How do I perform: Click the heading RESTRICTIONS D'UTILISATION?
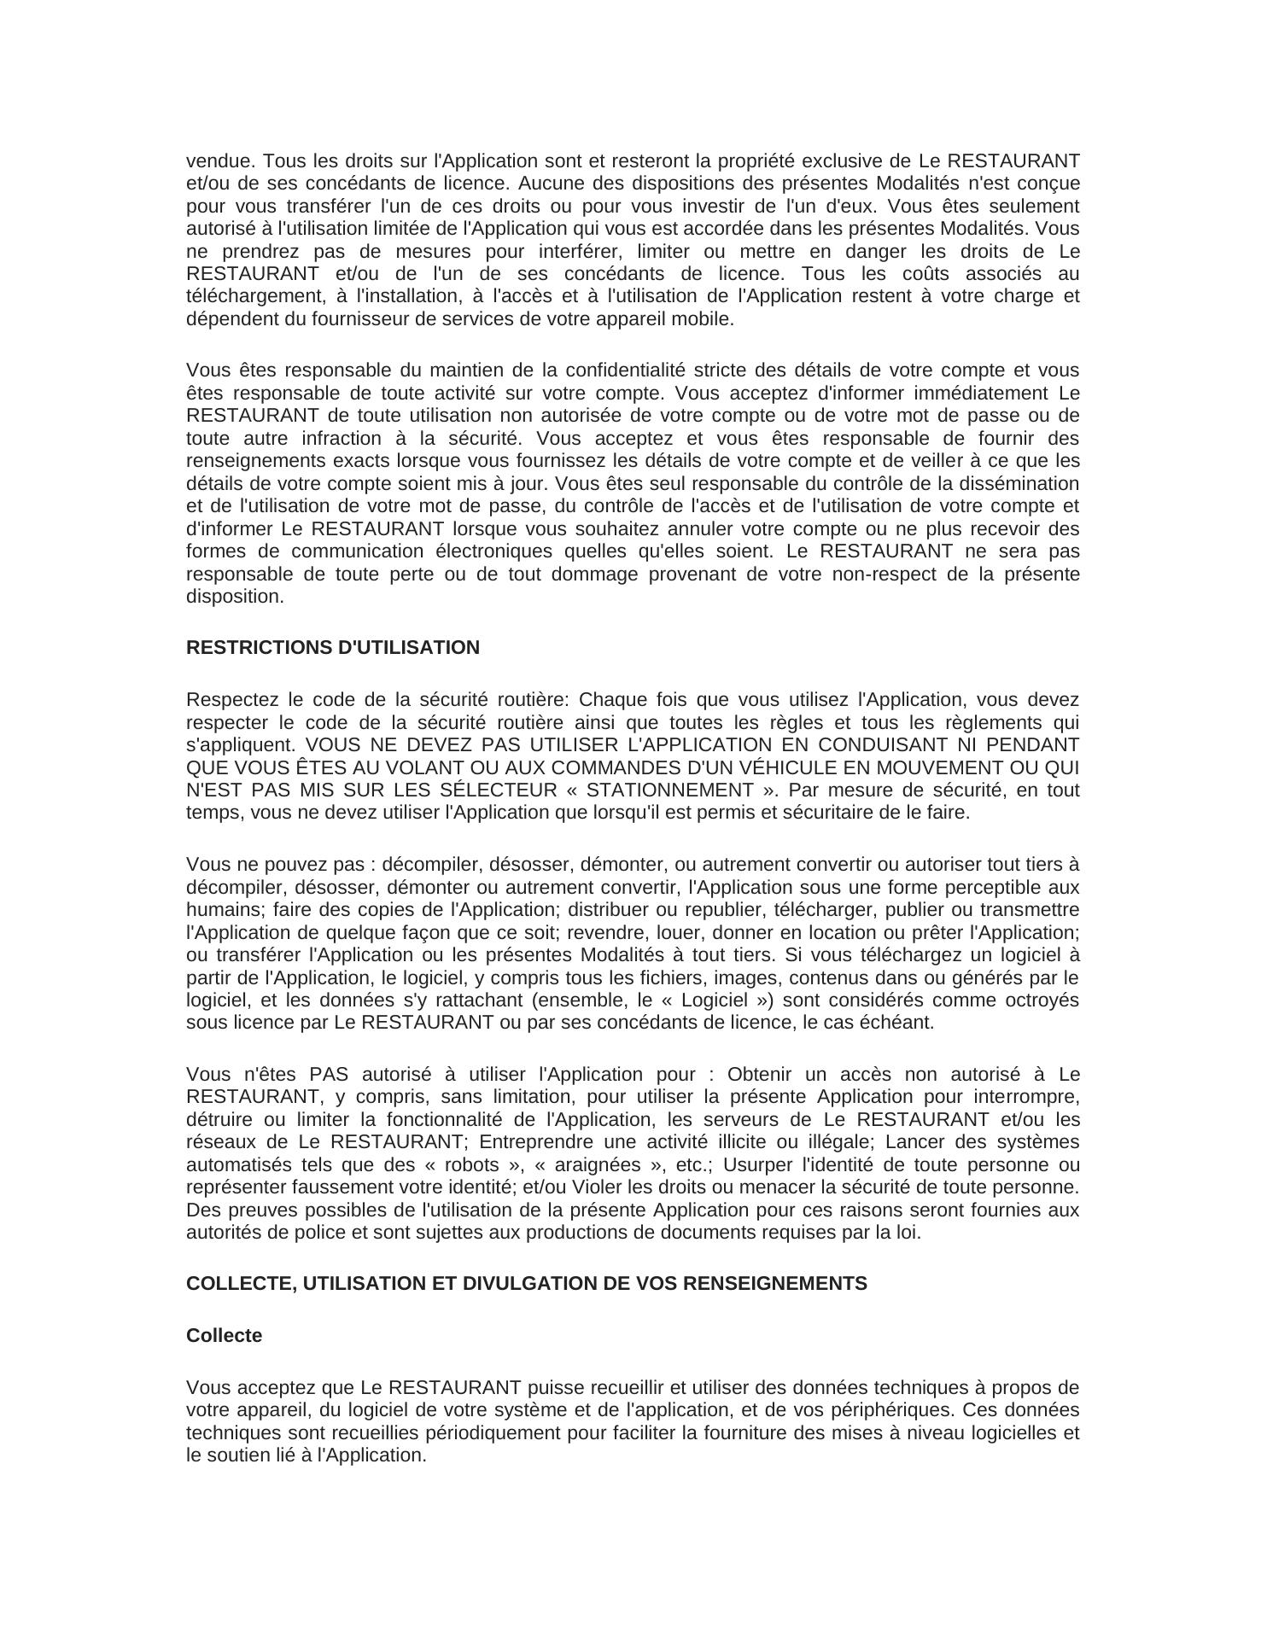click(333, 648)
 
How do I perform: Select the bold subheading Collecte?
click(224, 1336)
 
